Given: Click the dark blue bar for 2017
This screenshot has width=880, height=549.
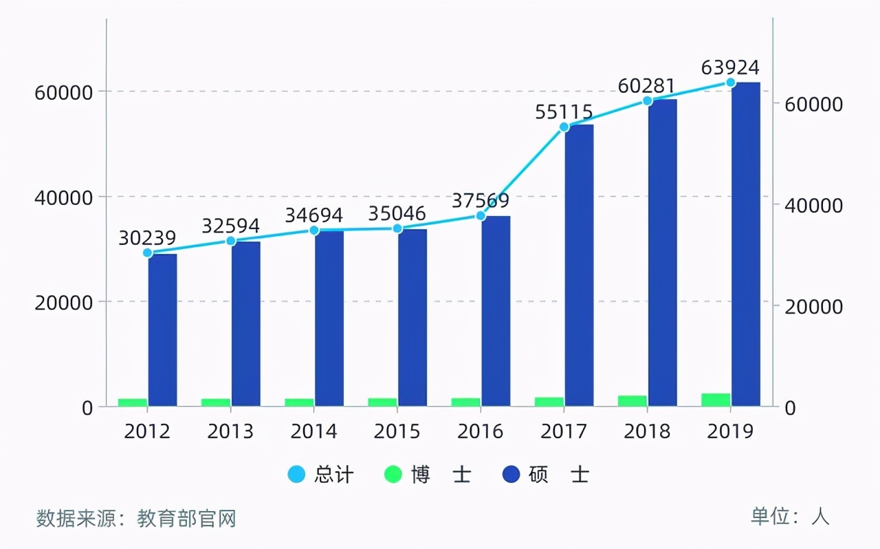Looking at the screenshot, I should click(579, 265).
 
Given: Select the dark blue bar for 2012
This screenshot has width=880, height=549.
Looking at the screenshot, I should click(162, 330).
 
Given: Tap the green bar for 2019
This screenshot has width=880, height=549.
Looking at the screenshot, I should click(716, 399).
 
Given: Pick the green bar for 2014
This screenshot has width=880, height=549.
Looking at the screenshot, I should click(299, 402).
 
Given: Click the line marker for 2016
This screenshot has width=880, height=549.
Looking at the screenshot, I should click(481, 216).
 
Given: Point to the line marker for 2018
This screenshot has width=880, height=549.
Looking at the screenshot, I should click(647, 101).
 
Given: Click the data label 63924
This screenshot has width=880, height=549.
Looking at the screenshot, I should click(730, 67).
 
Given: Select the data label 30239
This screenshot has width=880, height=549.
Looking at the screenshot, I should click(147, 237).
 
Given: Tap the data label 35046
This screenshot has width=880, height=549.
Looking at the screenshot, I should click(397, 213).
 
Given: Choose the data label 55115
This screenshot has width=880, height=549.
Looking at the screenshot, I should click(564, 111).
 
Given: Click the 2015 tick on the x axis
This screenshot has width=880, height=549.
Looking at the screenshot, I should click(397, 431).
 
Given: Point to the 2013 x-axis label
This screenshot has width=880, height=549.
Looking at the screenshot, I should click(230, 431).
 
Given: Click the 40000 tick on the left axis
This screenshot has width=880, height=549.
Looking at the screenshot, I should click(63, 197).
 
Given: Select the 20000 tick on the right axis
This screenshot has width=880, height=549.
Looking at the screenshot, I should click(814, 307).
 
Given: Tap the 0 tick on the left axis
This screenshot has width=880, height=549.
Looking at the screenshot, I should click(87, 407).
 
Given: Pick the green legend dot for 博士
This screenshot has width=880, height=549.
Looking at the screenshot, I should click(393, 475).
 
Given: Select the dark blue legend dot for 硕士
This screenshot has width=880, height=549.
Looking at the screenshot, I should click(511, 475).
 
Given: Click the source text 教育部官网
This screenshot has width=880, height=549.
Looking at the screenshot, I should click(186, 518).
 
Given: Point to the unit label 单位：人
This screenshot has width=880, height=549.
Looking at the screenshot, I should click(790, 517).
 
